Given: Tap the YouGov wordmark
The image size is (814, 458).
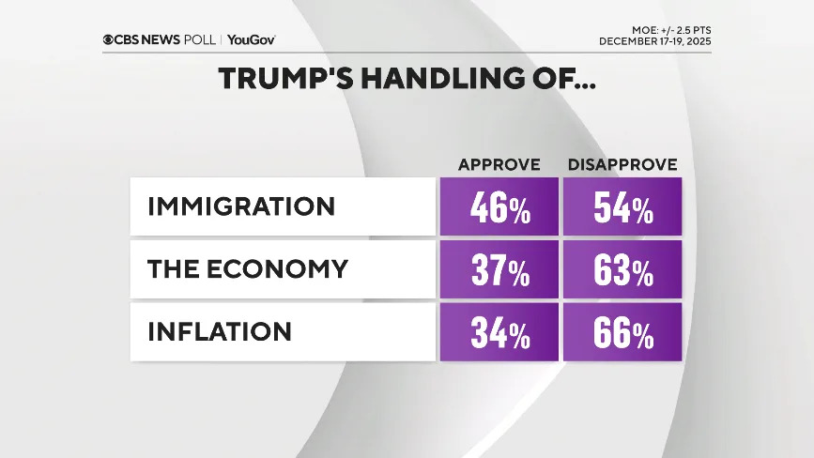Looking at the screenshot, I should pyautogui.click(x=251, y=39).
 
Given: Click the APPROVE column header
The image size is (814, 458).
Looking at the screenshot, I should pyautogui.click(x=499, y=165).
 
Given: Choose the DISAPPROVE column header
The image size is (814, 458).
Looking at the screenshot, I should pyautogui.click(x=622, y=165).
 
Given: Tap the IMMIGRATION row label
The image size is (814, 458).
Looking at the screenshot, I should pyautogui.click(x=241, y=206).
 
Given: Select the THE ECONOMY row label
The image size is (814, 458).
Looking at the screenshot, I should pyautogui.click(x=248, y=269).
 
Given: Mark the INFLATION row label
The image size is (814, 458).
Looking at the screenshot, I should pyautogui.click(x=220, y=331).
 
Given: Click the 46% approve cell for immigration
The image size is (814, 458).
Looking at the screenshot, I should pyautogui.click(x=499, y=207).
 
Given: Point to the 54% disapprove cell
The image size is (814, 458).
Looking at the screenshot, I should pyautogui.click(x=622, y=207).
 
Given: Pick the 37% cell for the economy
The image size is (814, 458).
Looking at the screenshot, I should pyautogui.click(x=499, y=270).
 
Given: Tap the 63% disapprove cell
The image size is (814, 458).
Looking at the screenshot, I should pyautogui.click(x=622, y=270).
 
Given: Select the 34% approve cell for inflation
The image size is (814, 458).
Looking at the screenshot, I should pyautogui.click(x=499, y=332).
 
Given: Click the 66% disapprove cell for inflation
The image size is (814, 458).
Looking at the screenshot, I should pyautogui.click(x=622, y=332).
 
